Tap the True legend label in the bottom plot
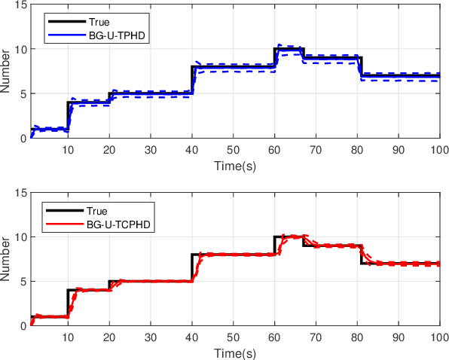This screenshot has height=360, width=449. (x=88, y=211)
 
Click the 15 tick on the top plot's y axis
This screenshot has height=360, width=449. (x=20, y=6)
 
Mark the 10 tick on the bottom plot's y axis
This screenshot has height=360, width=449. (x=20, y=237)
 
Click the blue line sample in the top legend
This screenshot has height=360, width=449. (x=61, y=35)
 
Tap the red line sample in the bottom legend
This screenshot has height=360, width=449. (x=61, y=223)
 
